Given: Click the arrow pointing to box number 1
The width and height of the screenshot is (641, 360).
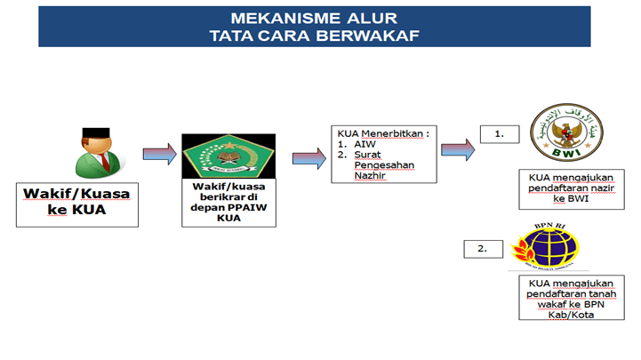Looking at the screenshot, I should tap(457, 148).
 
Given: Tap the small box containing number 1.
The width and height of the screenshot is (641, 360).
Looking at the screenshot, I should tap(500, 134).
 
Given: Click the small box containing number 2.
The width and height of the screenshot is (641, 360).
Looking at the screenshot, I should tap(483, 248).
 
